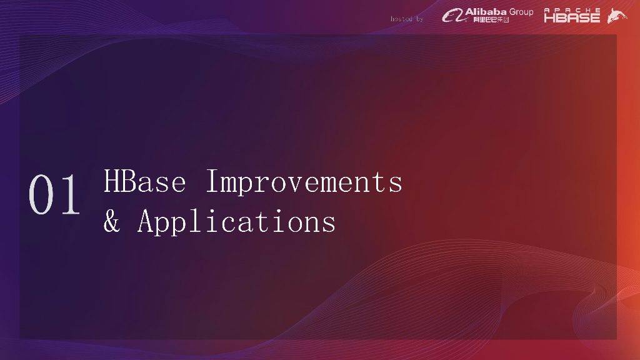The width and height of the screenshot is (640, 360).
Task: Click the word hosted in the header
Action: pos(401,19)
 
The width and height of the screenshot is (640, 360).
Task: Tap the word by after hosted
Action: pos(419,19)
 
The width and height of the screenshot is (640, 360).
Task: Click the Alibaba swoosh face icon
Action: pos(454,16)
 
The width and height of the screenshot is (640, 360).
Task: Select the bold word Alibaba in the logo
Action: pos(486,12)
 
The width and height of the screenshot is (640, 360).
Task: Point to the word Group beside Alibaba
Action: pos(521,12)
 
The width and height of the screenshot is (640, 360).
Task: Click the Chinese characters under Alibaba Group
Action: pos(491,19)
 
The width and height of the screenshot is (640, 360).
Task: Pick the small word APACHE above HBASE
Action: pos(572,10)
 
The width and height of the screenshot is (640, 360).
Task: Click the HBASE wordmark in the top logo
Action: pos(572,17)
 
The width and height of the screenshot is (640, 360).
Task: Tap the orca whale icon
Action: pos(617,16)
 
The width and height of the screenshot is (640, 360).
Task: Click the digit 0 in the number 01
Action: pos(41,194)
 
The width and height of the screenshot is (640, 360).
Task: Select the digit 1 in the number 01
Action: pos(70,194)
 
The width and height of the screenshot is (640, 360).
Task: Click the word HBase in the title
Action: pos(145,181)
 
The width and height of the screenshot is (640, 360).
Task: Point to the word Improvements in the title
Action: pos(304,182)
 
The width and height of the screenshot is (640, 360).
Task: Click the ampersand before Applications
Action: pos(112,221)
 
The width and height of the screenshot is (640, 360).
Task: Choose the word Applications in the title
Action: pos(237,222)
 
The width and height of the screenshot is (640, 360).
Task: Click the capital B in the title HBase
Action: pos(128,181)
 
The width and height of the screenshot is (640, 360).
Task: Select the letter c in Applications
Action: pos(229,224)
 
